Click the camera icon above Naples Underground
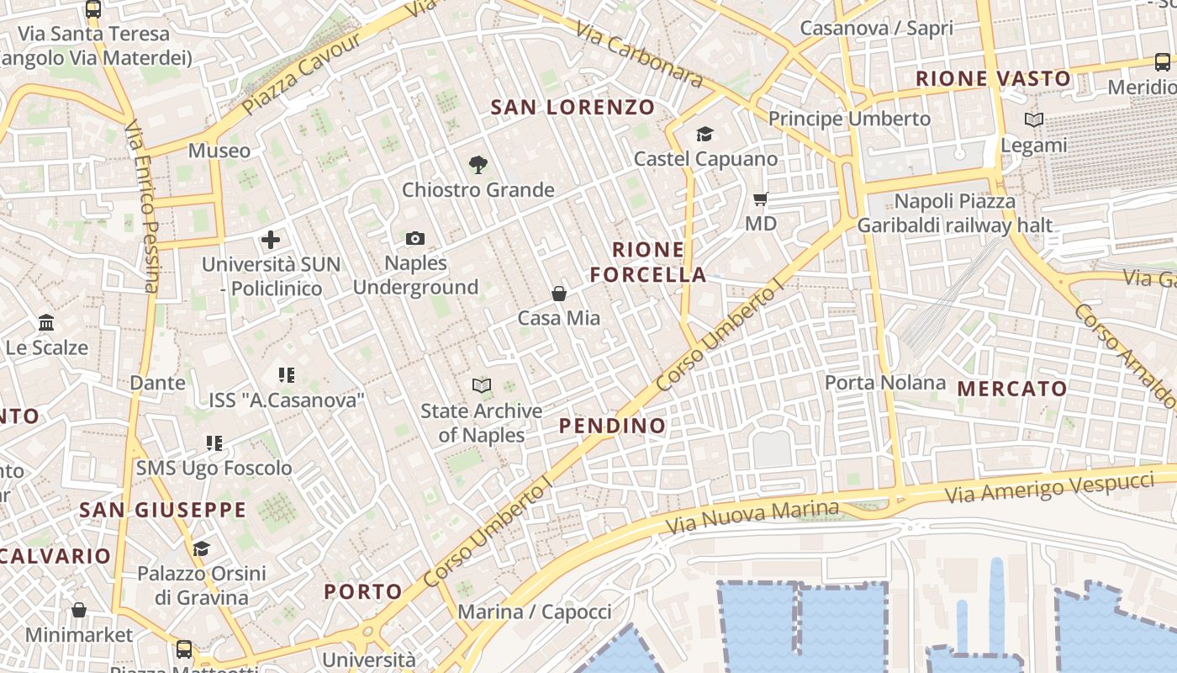click(415, 239)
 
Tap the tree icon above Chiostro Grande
click(478, 165)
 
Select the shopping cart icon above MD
click(761, 199)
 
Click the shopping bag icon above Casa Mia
click(558, 294)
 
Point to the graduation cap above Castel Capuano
click(705, 134)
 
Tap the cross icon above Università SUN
click(271, 240)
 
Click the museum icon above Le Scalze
click(46, 323)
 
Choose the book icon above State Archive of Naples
click(481, 386)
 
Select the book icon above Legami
click(1034, 120)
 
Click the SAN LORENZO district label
click(572, 107)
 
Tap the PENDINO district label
click(612, 426)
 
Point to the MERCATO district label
click(1012, 389)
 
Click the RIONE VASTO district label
click(993, 79)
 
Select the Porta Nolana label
click(884, 383)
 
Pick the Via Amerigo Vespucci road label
click(1049, 488)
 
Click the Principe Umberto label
click(849, 119)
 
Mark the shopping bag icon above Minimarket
click(79, 610)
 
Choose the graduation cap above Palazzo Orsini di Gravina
click(201, 549)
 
